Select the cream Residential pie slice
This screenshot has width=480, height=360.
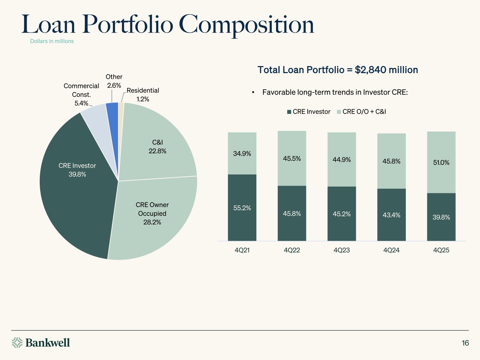(x=121, y=109)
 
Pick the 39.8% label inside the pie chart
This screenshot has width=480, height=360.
(x=77, y=174)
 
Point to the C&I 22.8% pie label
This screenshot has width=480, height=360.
(x=157, y=147)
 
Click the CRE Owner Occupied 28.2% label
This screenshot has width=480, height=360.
(x=152, y=213)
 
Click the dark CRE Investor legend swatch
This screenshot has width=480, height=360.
(x=289, y=112)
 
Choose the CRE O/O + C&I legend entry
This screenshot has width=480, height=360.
(x=364, y=112)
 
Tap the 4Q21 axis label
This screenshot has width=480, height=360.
(x=242, y=250)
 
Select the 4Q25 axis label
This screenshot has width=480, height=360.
(x=441, y=250)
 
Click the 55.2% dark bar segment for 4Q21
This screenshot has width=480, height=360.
(x=242, y=208)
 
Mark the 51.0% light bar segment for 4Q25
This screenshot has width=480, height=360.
(x=441, y=162)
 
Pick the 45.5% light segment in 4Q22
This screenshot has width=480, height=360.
(x=292, y=159)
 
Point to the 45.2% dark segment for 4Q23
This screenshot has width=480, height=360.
(x=341, y=214)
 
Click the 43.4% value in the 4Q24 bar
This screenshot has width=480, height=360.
(x=391, y=215)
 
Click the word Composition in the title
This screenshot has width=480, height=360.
(x=246, y=25)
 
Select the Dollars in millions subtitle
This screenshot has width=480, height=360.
(x=52, y=41)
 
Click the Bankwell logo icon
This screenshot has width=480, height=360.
(x=17, y=342)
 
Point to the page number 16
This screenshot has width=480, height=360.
(x=465, y=343)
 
